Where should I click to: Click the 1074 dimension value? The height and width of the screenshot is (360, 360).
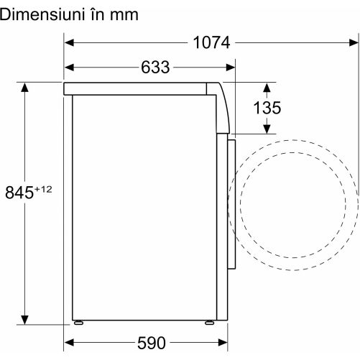[211, 42]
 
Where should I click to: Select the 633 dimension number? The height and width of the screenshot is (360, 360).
[155, 68]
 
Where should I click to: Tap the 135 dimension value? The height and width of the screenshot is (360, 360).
[267, 108]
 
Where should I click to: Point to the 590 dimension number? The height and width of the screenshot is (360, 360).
[152, 343]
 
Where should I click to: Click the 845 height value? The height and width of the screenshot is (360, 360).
[19, 193]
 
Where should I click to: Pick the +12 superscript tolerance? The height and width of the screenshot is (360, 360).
[43, 190]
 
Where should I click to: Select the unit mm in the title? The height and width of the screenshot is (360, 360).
[124, 16]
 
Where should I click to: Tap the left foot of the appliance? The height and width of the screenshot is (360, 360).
[78, 323]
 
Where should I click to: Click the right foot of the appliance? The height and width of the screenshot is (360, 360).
[209, 323]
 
